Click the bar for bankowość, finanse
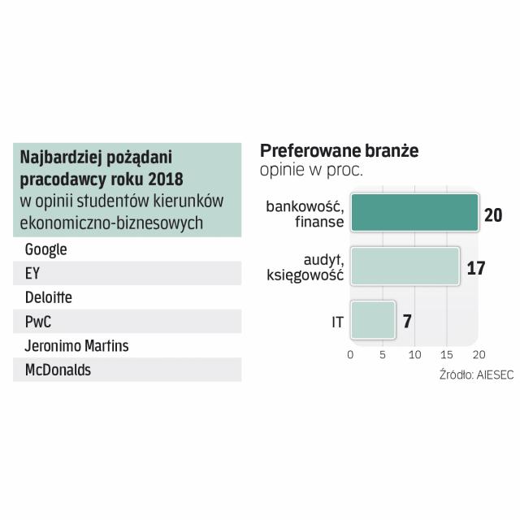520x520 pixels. click(x=414, y=214)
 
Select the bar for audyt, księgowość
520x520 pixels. click(x=405, y=266)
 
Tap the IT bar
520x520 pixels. click(x=372, y=321)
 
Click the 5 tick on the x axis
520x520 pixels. click(x=383, y=355)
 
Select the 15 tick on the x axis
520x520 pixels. click(x=447, y=355)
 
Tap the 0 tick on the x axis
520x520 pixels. click(x=350, y=355)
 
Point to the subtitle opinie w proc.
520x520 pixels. click(x=311, y=170)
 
